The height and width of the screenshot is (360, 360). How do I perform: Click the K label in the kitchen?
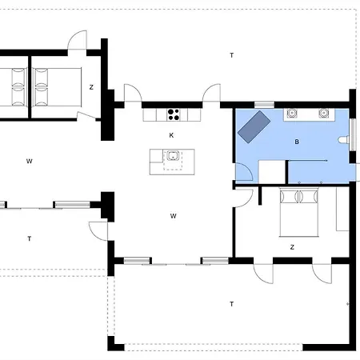[171, 135]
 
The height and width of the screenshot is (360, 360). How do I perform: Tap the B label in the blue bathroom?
[297, 142]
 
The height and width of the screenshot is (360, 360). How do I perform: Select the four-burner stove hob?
[174, 114]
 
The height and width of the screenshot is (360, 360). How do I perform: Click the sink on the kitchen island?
[173, 155]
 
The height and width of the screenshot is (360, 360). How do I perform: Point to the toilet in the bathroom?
[343, 140]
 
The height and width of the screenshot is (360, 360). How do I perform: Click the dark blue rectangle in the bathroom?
[254, 127]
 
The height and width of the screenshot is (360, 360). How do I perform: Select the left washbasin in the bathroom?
[292, 114]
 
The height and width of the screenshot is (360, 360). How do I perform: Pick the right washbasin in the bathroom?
[323, 114]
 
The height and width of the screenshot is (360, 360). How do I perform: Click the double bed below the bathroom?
[299, 212]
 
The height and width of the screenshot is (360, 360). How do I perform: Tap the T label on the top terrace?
[232, 55]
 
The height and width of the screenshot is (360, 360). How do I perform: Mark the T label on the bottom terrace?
[232, 304]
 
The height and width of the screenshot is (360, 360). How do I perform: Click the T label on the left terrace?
[30, 238]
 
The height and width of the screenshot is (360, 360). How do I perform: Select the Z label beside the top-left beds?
[91, 87]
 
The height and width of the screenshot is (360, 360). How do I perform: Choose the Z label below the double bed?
[292, 247]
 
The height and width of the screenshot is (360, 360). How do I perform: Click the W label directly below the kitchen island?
[174, 216]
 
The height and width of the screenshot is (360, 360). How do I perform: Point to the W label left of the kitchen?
[30, 161]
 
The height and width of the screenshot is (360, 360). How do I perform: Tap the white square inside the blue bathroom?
[272, 172]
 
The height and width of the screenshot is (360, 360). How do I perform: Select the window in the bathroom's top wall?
[264, 105]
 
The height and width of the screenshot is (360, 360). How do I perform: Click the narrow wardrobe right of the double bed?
[342, 209]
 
